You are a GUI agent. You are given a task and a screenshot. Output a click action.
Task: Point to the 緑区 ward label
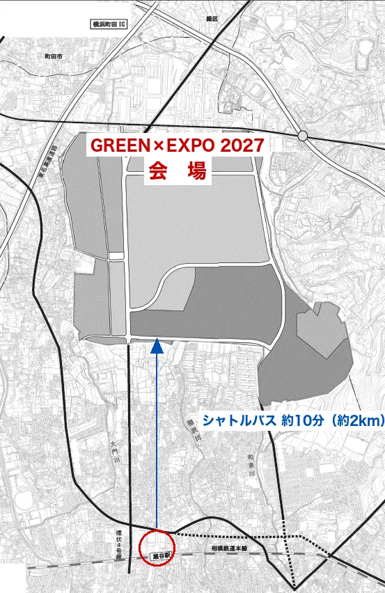coord(211,19)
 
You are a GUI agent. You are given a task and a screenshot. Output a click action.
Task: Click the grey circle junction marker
coord(302,136)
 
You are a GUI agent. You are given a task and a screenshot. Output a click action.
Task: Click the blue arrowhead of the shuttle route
coord(157,343)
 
